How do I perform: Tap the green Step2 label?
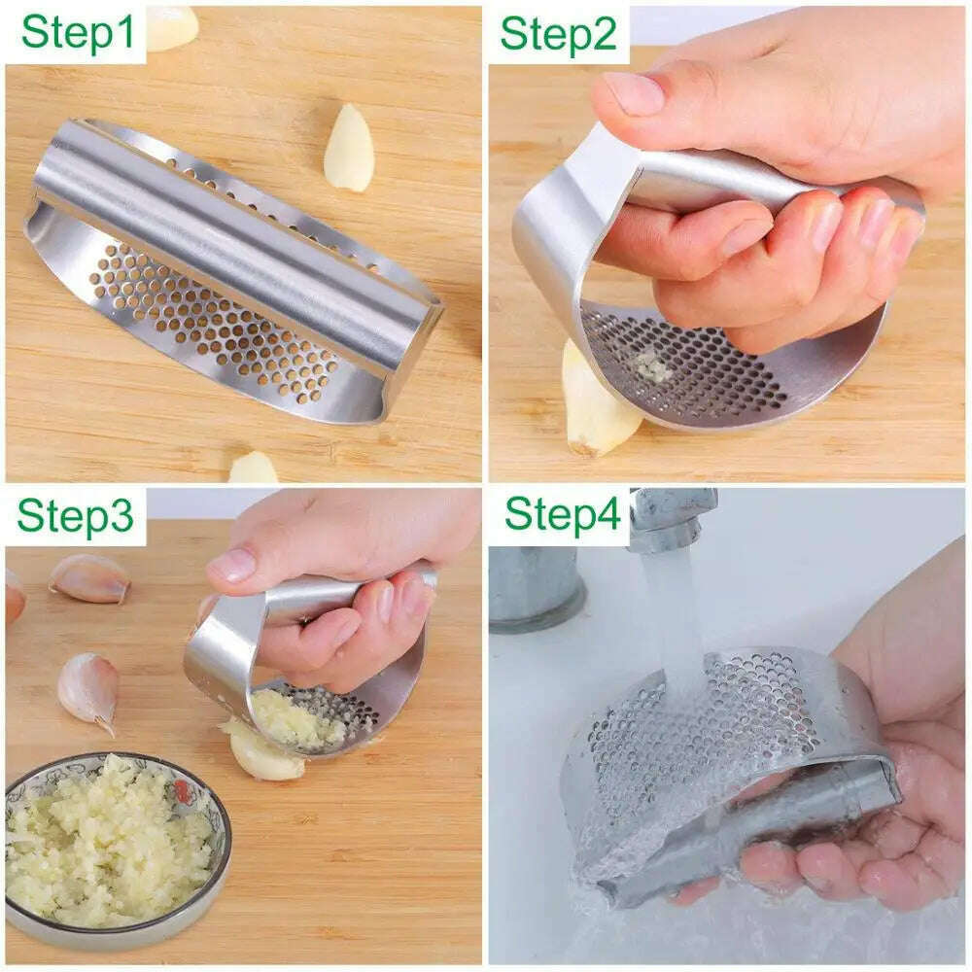(558, 33)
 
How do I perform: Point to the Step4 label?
(561, 514)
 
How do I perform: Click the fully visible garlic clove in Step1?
(349, 147)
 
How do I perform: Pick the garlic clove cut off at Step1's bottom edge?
(253, 469)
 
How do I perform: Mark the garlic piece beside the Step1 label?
(172, 26)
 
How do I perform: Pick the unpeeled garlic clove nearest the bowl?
(88, 688)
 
